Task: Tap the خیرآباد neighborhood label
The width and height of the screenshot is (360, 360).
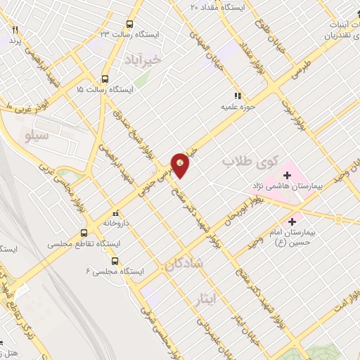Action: click(162, 60)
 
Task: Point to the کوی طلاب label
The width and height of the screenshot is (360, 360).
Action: click(250, 161)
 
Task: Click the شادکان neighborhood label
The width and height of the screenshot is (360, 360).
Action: click(184, 264)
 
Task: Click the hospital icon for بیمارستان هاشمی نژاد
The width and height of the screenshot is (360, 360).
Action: click(287, 174)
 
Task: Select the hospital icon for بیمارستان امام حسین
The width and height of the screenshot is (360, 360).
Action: click(300, 221)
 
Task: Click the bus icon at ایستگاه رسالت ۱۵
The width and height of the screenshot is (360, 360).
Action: click(105, 79)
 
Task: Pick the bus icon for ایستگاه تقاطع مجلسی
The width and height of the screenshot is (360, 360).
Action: click(84, 233)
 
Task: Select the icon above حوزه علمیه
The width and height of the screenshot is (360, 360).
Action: click(238, 96)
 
